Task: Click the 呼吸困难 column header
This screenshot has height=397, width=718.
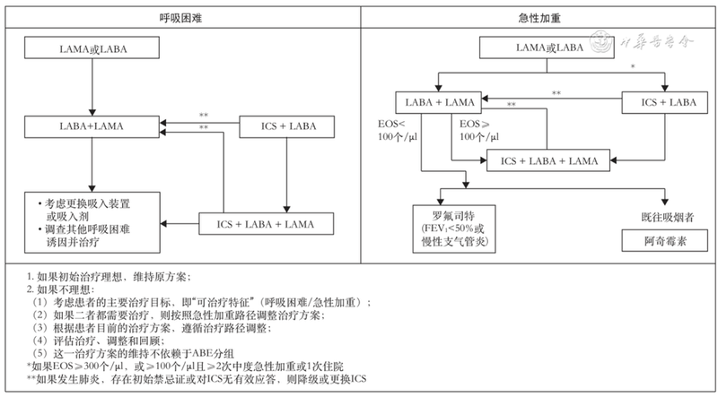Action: coord(180,18)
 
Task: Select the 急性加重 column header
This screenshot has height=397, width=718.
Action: coord(539,18)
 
